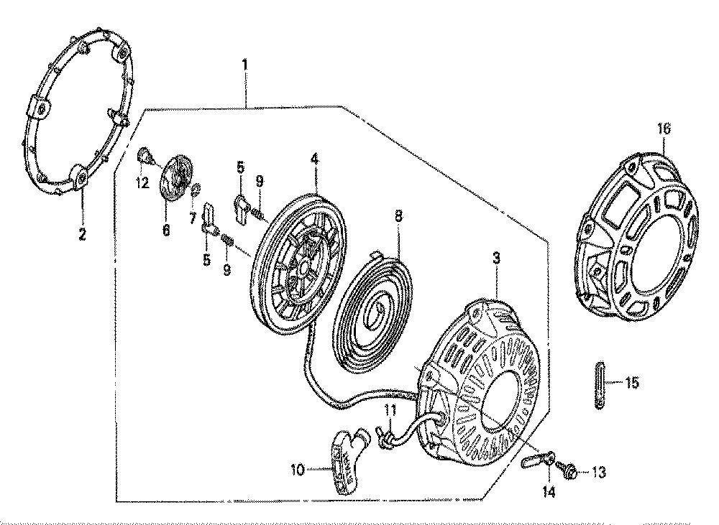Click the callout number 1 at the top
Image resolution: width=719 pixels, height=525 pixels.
click(x=245, y=65)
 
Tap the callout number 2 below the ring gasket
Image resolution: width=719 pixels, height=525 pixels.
click(x=82, y=236)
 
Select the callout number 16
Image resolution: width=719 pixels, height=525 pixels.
click(x=664, y=129)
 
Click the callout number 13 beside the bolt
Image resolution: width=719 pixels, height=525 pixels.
click(x=599, y=471)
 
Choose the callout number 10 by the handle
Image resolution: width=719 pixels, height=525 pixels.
click(x=298, y=470)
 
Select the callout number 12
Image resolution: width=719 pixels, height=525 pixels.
click(x=142, y=183)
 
